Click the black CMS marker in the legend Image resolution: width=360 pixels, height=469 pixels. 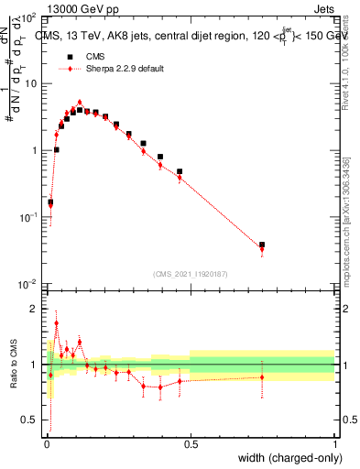[x=64, y=57]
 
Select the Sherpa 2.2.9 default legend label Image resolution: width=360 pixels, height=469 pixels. [x=125, y=69]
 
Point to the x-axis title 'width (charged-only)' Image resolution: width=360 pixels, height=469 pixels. [x=291, y=458]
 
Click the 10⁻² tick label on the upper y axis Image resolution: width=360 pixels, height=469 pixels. [x=29, y=283]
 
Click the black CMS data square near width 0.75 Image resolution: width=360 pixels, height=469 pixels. [x=262, y=245]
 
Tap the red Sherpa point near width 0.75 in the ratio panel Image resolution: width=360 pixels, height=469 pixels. [x=262, y=377]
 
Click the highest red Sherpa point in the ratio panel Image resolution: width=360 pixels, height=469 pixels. [x=56, y=323]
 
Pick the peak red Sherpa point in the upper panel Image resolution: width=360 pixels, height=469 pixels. [x=80, y=103]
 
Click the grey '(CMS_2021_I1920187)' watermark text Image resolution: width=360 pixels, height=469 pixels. [x=190, y=274]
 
